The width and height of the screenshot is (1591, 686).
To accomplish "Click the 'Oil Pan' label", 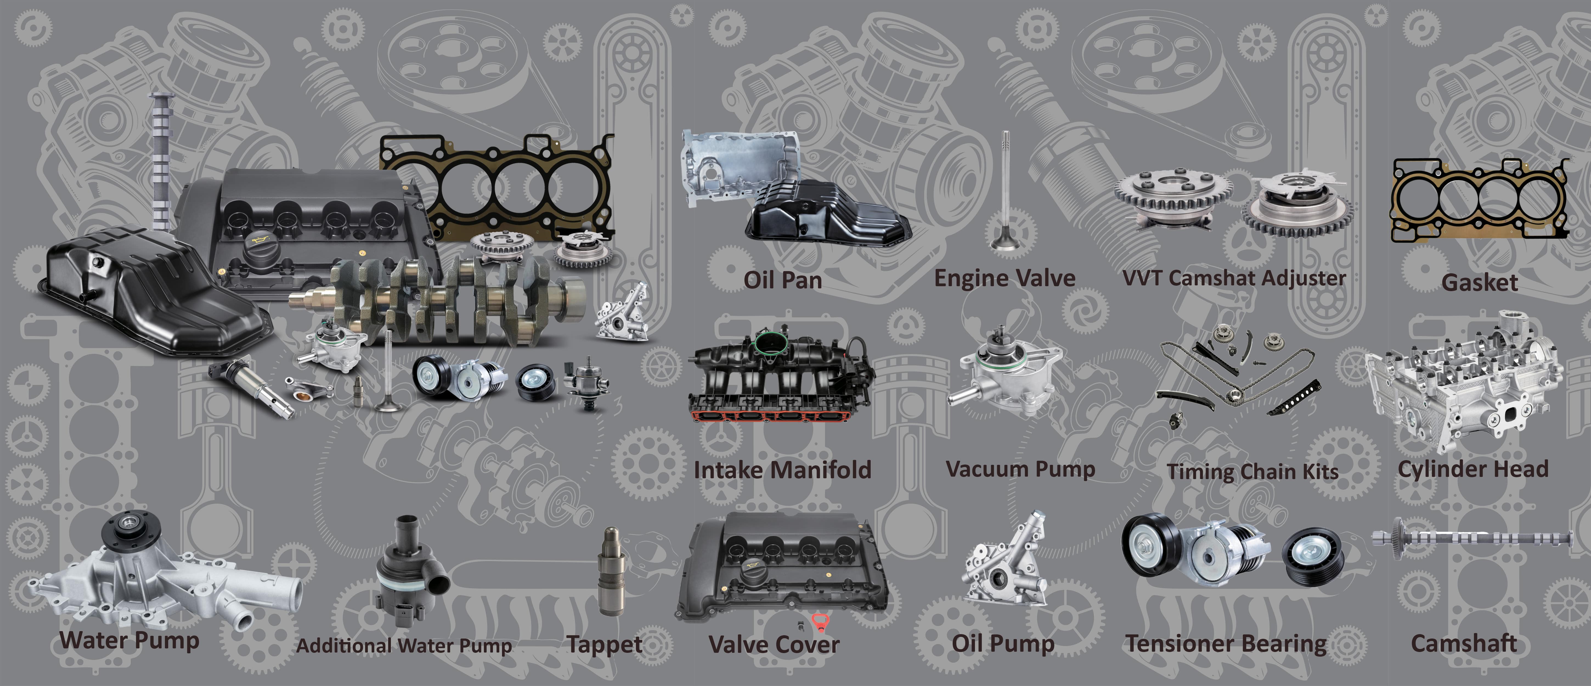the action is [783, 280].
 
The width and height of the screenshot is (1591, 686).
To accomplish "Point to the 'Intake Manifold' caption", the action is [782, 470].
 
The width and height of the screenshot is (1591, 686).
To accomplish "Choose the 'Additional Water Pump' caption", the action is [404, 646].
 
